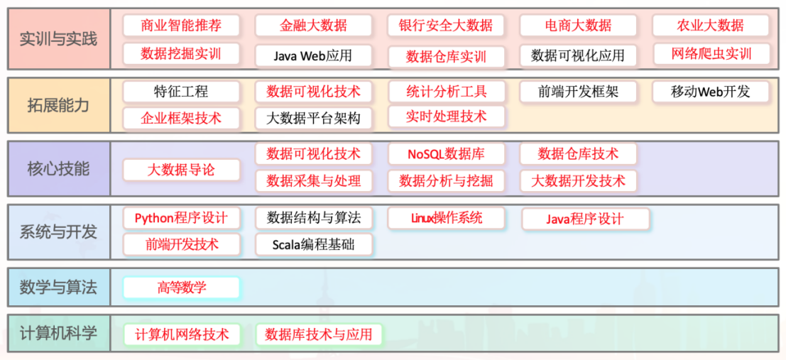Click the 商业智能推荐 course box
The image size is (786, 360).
181,26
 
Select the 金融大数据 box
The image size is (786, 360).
313,26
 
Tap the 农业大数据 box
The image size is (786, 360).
710,26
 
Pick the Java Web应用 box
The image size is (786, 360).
313,55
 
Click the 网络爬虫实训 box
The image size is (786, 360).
710,54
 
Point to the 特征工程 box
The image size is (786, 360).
181,92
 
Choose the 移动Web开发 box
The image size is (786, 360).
710,92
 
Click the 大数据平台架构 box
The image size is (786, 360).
313,119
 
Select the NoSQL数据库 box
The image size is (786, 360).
446,154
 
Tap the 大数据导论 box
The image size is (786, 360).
181,170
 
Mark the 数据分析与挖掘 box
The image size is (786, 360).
446,181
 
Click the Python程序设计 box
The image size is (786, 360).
181,218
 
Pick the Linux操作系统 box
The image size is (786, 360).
446,218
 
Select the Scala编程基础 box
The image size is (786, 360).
313,245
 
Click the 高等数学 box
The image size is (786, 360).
181,288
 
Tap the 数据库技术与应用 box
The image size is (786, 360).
318,334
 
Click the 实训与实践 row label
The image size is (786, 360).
58,38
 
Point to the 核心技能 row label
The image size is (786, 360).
58,169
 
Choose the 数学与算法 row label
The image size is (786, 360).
58,288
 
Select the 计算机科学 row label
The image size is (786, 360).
58,333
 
